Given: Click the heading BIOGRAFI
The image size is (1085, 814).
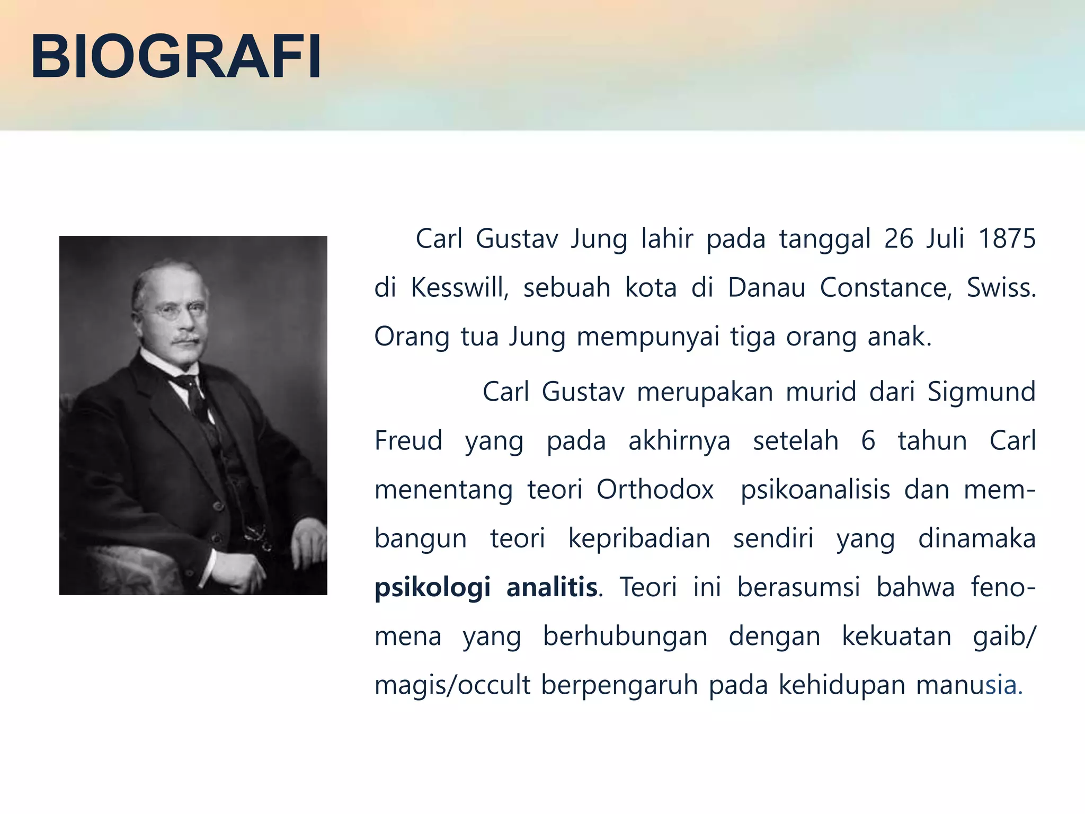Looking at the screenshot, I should coord(176,56).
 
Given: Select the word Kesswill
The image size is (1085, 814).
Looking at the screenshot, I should coord(459,288).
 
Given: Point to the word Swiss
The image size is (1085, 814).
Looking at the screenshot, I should coord(1000,288).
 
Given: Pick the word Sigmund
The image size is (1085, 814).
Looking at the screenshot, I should coord(981,392).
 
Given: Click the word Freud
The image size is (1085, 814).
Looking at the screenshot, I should coord(408,441).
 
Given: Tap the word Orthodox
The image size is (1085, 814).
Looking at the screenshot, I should coord(655,490).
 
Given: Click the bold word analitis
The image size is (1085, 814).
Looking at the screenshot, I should coord(552,588).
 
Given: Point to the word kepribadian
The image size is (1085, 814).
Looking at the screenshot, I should coord(639,539).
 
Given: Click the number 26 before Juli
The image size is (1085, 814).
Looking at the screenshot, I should coord(899,239).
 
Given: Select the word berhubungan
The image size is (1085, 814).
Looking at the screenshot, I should coord(625,636).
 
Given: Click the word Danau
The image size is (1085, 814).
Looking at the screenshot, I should coord(766,288).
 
